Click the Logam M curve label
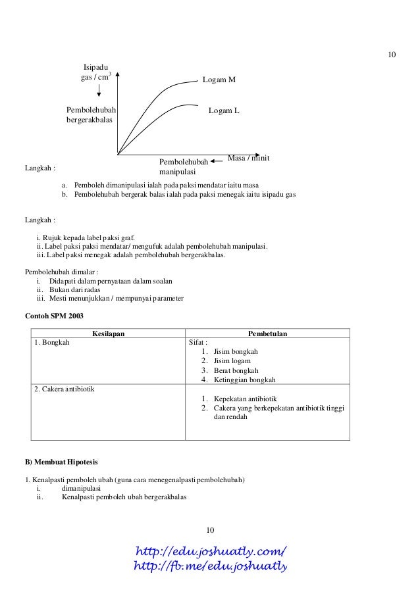click(219, 80)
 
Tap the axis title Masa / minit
click(249, 159)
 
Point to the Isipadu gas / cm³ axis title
click(93, 72)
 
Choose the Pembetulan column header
click(267, 334)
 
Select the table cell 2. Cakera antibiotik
click(65, 389)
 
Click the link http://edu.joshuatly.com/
click(210, 551)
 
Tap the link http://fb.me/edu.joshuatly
click(211, 566)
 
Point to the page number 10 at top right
click(391, 54)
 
